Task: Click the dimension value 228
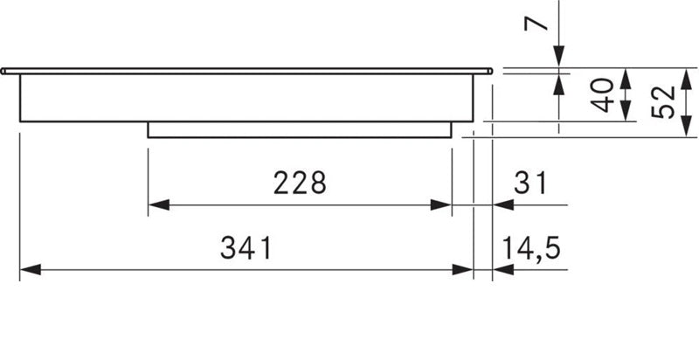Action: point(300,183)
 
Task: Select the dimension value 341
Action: point(246,249)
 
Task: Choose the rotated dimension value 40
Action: point(600,95)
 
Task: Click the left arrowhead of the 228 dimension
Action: point(155,205)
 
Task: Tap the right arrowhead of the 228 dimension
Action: point(445,205)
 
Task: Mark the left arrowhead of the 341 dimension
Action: point(25,271)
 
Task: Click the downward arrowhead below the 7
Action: point(558,59)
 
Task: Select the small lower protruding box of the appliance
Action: point(300,129)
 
